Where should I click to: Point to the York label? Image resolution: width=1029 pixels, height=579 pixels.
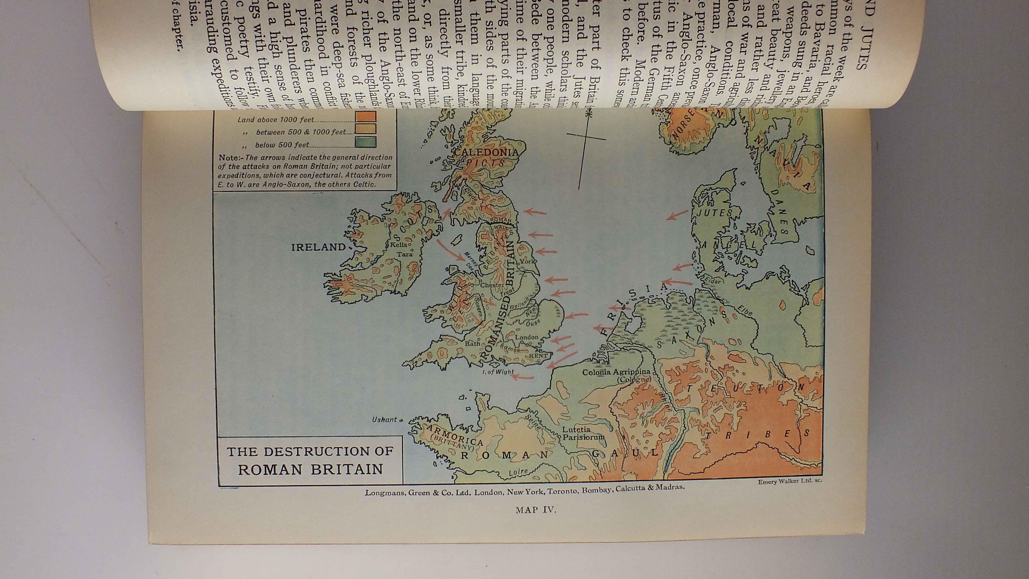tap(527, 261)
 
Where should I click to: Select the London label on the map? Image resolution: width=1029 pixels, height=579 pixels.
tap(527, 337)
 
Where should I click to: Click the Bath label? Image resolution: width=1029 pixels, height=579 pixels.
tap(473, 343)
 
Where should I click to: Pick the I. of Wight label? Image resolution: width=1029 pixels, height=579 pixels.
tap(498, 372)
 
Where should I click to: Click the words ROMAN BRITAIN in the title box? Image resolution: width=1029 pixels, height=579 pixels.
tap(310, 469)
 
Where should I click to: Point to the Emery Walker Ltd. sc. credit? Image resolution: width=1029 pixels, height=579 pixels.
tap(790, 481)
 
